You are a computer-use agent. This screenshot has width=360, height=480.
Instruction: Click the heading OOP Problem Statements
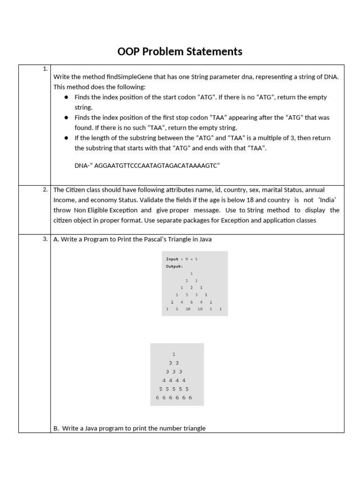click(x=180, y=52)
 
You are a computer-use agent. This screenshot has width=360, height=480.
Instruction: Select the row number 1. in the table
click(x=45, y=69)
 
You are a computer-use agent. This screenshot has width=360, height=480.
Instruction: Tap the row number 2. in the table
click(x=45, y=190)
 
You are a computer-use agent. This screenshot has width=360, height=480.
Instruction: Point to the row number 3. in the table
click(x=45, y=239)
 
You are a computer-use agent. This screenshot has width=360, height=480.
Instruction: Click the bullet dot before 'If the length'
click(x=67, y=138)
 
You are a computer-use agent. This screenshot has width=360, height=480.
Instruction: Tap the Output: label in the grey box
click(x=174, y=266)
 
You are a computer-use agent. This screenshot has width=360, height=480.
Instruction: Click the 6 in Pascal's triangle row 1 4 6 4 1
click(x=191, y=302)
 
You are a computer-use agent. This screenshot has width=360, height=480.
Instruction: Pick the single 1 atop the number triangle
click(x=174, y=354)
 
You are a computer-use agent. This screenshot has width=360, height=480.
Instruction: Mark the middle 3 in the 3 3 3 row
click(x=174, y=372)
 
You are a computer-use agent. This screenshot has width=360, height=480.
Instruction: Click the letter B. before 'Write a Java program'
click(x=56, y=428)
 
